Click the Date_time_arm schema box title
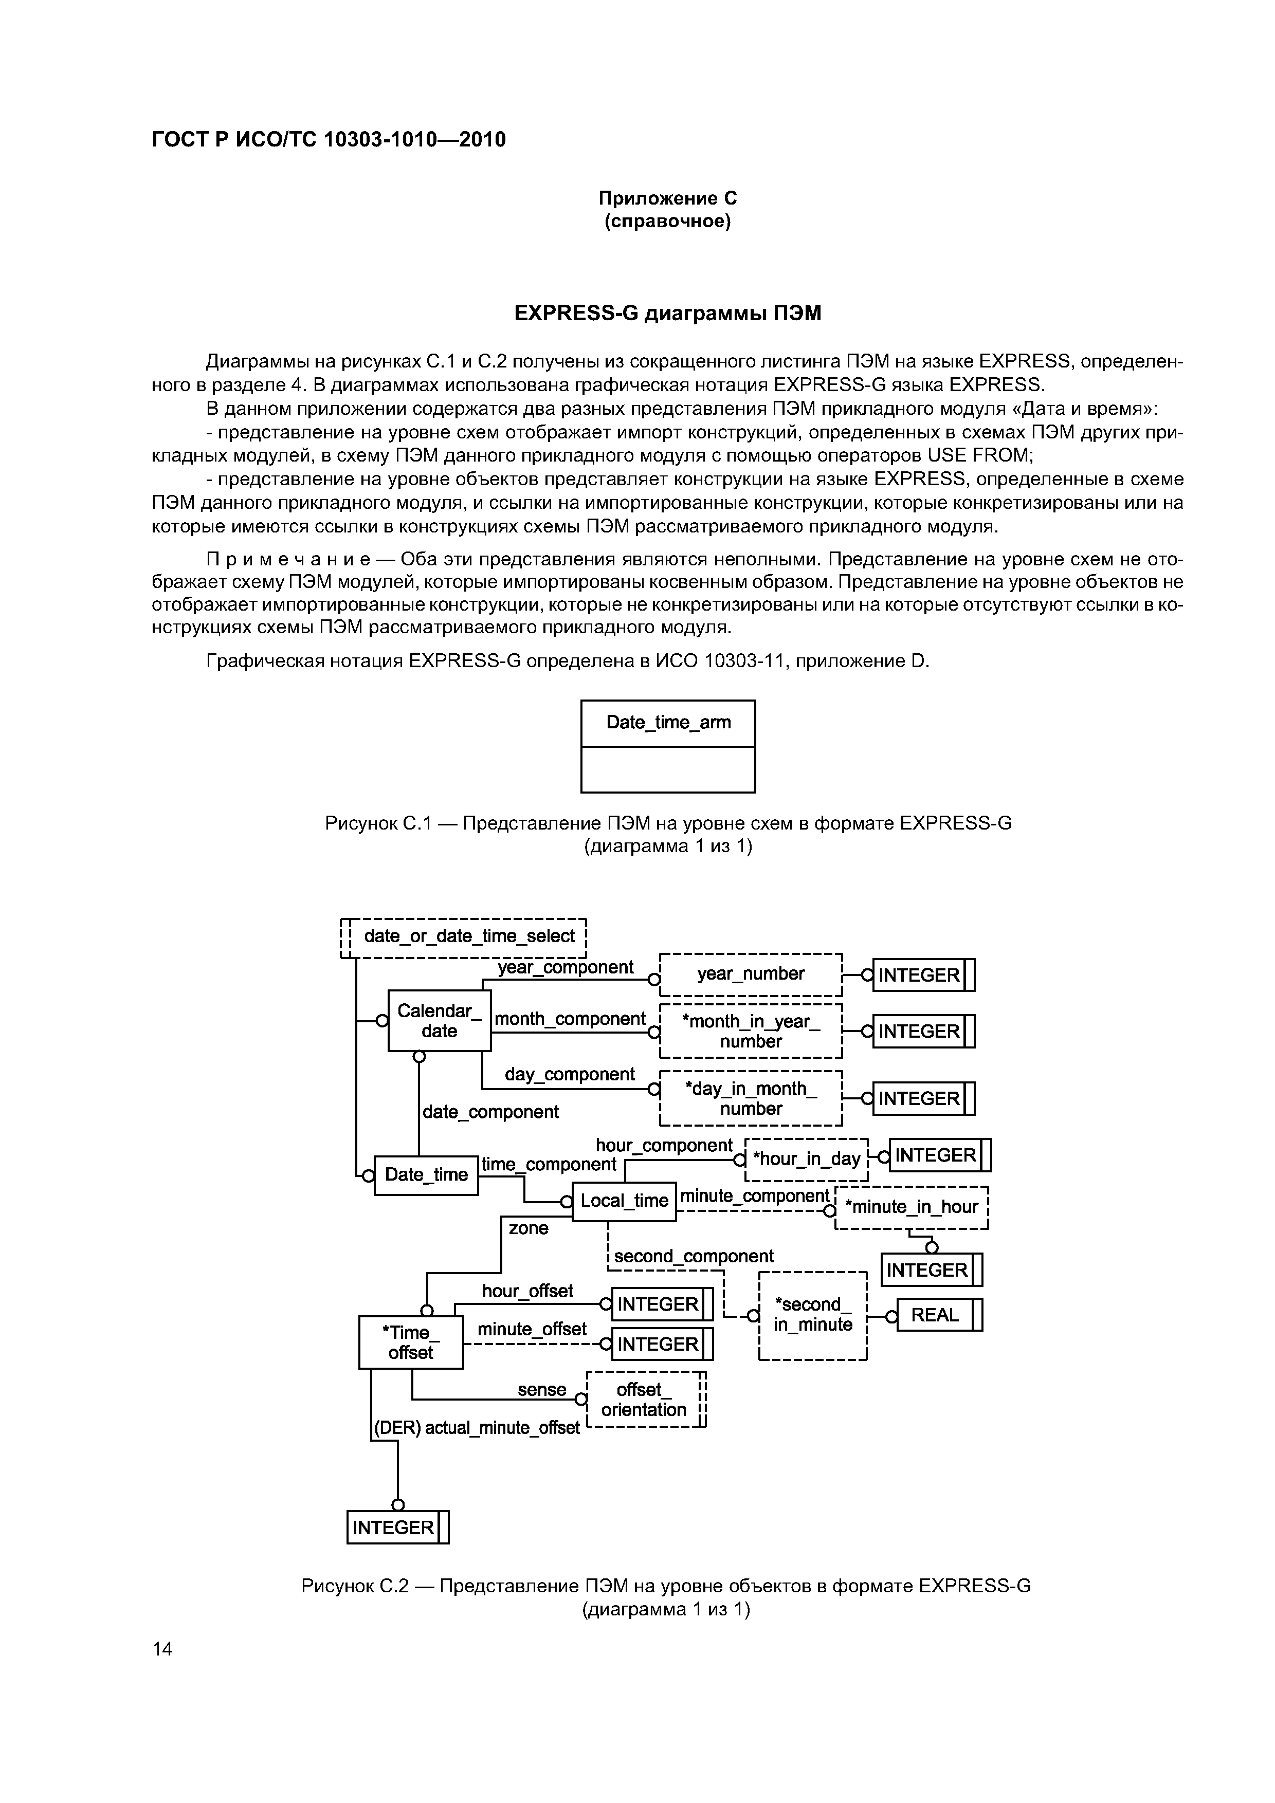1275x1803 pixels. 668,723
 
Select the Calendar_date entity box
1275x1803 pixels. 439,1021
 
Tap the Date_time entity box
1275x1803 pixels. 426,1175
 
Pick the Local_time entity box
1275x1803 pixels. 624,1201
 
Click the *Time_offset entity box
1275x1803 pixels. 411,1342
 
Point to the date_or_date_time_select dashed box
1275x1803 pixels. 469,936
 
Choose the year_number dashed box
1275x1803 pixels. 750,974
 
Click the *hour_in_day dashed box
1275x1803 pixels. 806,1159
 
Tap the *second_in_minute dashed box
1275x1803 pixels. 812,1315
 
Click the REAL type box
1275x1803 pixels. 939,1315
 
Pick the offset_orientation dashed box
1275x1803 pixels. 644,1400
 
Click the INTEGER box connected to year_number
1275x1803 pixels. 923,976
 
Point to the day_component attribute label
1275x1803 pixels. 570,1074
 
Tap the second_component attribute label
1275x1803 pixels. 694,1257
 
